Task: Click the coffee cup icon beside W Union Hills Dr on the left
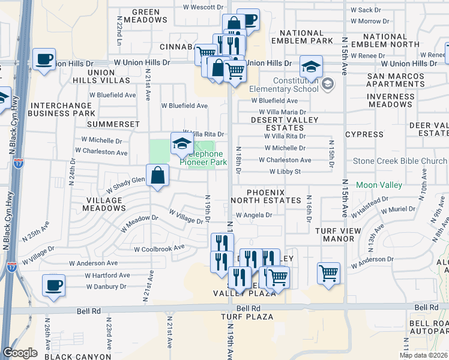44,59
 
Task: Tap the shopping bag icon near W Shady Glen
157,176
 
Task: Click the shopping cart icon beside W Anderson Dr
328,273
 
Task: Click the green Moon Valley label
379,185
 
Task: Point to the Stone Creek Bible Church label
400,161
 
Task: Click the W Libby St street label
285,172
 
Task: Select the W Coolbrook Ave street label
159,248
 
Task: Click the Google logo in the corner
19,353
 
